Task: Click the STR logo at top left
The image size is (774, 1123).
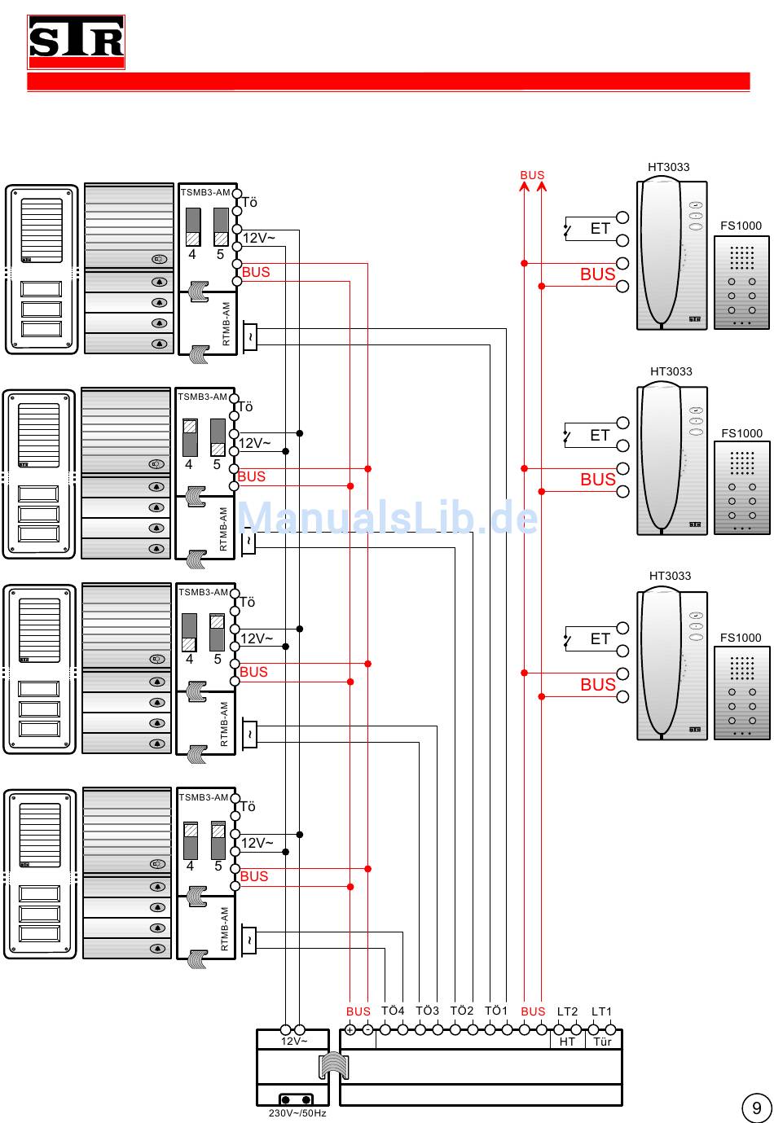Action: pos(77,42)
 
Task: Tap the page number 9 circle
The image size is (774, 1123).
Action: pos(756,1108)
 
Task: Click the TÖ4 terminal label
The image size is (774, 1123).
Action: pos(393,1011)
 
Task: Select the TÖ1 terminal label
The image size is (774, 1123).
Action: pos(496,1011)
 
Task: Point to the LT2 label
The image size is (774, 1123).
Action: pos(567,1011)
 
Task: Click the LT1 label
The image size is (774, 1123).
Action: pos(601,1011)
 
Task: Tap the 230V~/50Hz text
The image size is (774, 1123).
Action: pos(297,1113)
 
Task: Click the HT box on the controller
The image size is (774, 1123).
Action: pos(567,1041)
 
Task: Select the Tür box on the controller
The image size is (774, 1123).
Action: pos(602,1041)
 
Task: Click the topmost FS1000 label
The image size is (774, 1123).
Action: pos(741,226)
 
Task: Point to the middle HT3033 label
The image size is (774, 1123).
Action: pos(671,371)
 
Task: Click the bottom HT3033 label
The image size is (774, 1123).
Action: pos(670,576)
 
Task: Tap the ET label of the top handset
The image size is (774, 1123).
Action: pos(600,229)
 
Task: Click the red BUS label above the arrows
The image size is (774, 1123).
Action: pos(532,175)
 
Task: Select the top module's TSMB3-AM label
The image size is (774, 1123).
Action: pos(205,192)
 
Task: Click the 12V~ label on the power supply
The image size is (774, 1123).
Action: pos(294,1041)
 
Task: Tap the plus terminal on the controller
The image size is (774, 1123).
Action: pos(350,1030)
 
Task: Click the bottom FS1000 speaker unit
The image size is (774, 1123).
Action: pos(741,692)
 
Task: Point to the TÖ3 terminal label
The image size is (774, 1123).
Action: pos(427,1011)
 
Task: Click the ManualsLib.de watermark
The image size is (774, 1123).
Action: pos(388,519)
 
